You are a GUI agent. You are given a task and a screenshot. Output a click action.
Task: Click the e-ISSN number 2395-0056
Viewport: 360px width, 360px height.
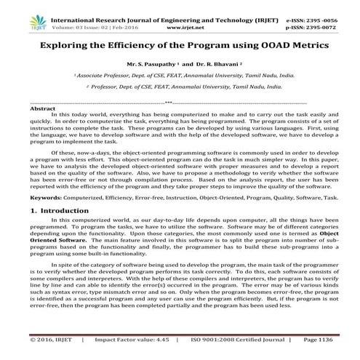pyautogui.click(x=324, y=7)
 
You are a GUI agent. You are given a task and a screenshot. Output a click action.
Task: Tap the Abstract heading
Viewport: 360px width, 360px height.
pyautogui.click(x=41, y=108)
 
